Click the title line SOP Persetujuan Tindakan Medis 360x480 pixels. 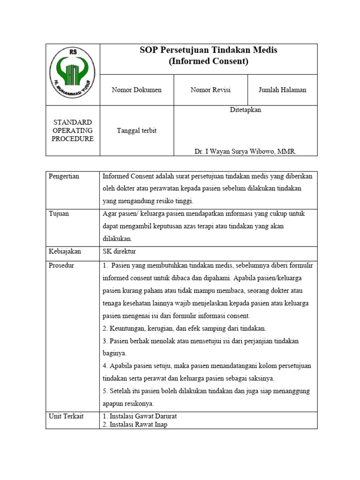(209, 51)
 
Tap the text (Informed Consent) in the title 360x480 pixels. (209, 61)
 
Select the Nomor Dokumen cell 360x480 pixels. (136, 90)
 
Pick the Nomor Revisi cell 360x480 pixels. (210, 90)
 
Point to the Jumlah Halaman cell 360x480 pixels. (282, 90)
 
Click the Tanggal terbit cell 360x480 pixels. (136, 131)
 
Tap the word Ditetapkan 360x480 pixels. (246, 110)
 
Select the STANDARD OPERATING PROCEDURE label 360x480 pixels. (72, 130)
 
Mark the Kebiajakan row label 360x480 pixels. (65, 251)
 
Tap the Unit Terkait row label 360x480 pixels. (66, 416)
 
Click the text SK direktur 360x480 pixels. (119, 251)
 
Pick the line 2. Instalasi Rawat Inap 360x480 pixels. (135, 424)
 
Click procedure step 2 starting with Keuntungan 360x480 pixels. (184, 328)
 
